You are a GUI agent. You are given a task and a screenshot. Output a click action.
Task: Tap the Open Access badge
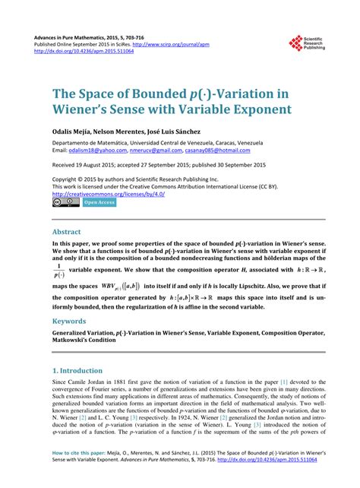click(99, 202)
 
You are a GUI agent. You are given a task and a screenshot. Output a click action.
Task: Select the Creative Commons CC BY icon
click(65, 202)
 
